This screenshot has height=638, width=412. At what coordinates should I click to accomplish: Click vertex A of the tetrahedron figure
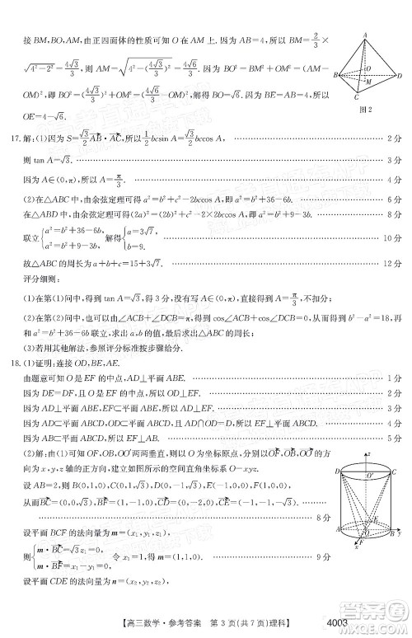pyautogui.click(x=363, y=35)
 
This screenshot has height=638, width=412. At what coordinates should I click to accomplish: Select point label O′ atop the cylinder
pyautogui.click(x=368, y=476)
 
